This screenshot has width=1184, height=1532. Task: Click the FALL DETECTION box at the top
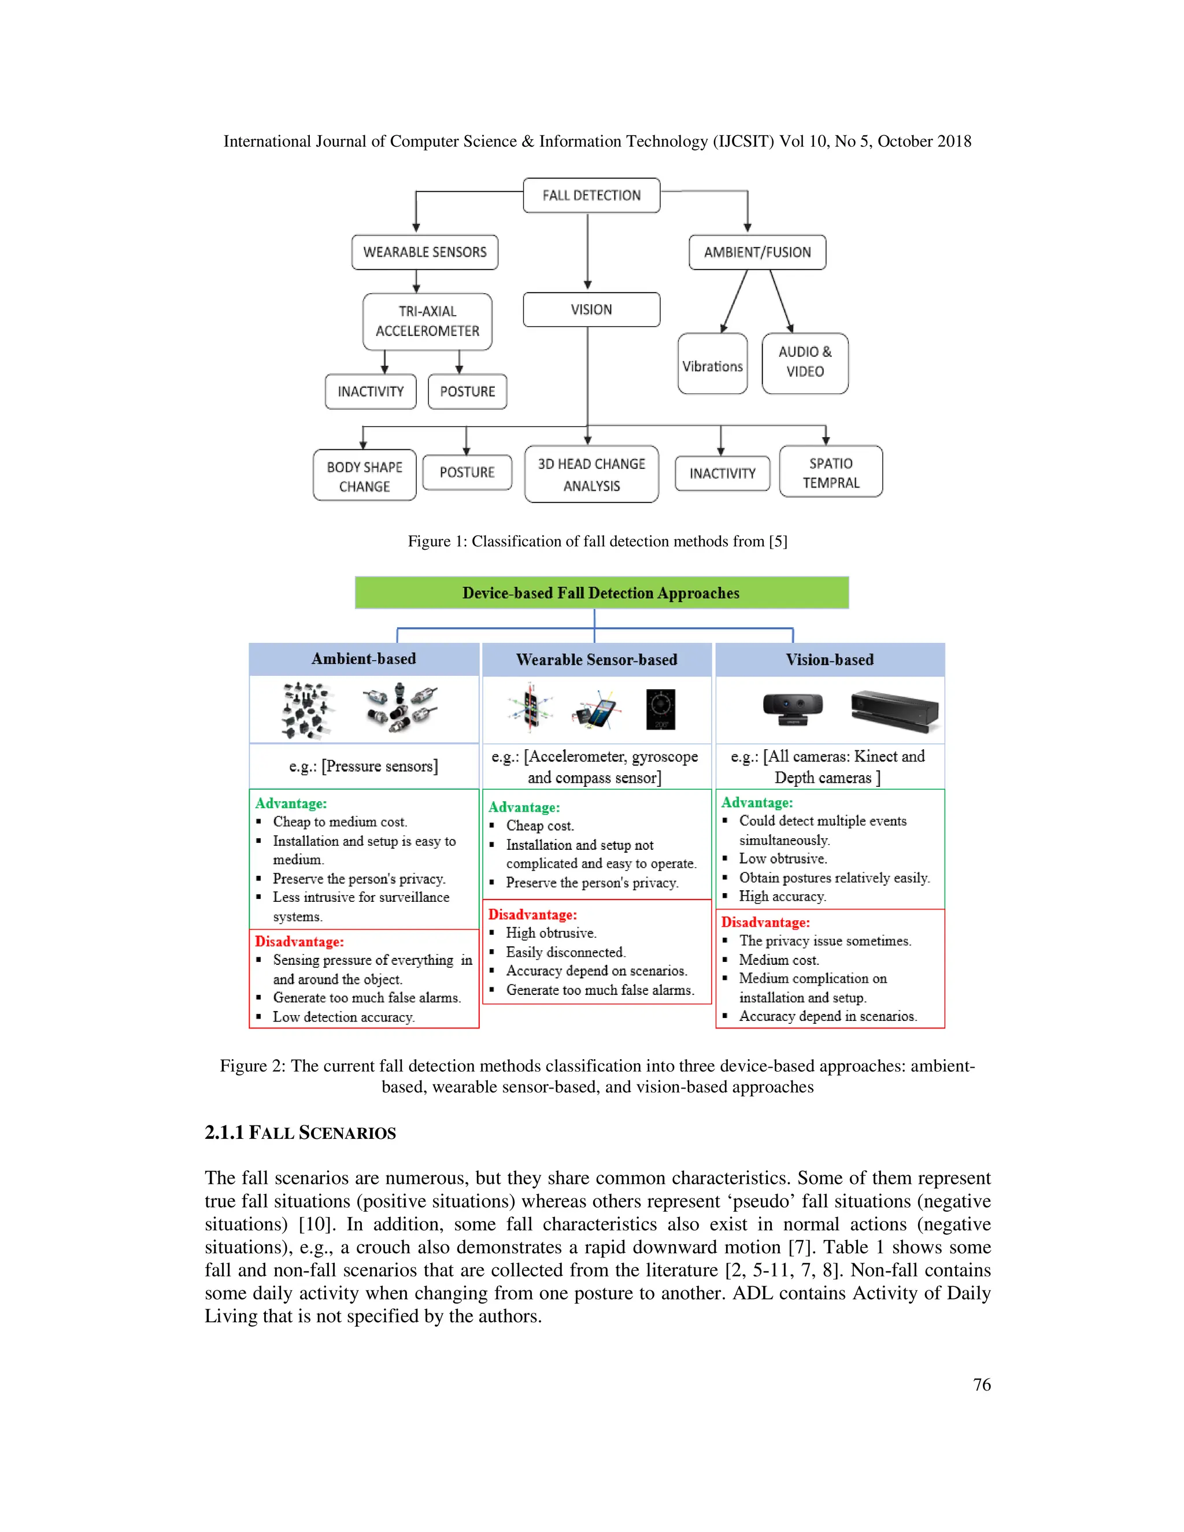click(591, 195)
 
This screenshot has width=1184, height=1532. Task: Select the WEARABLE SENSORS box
click(424, 252)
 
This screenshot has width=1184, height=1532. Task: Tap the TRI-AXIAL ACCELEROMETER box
click(427, 321)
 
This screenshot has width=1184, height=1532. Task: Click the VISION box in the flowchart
click(591, 309)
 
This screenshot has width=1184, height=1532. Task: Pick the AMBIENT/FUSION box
click(757, 252)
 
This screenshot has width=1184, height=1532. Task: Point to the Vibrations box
click(712, 365)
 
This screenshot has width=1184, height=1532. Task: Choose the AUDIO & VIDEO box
click(805, 362)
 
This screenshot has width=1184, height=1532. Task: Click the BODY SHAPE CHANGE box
click(364, 476)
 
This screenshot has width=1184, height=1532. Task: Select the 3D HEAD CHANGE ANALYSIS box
click(591, 474)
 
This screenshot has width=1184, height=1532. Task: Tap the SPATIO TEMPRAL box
click(831, 472)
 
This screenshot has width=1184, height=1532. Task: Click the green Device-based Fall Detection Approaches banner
click(601, 593)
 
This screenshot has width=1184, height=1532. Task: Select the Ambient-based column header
click(363, 658)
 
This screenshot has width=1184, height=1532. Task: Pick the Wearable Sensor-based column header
click(596, 660)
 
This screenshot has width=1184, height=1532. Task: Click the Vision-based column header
click(829, 660)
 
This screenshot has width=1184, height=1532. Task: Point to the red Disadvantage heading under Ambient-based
click(299, 941)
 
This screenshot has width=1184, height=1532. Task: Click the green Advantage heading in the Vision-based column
click(757, 802)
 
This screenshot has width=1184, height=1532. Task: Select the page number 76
click(981, 1384)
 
